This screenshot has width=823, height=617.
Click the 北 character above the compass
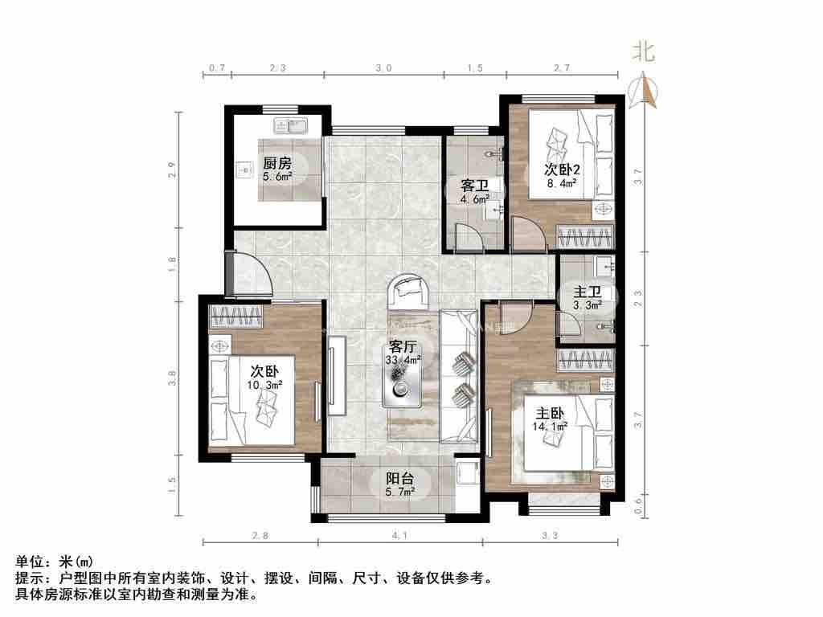tap(644, 53)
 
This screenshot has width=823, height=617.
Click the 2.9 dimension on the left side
tap(171, 170)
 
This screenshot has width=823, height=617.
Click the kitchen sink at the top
tap(291, 125)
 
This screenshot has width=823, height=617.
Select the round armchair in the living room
tap(407, 292)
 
